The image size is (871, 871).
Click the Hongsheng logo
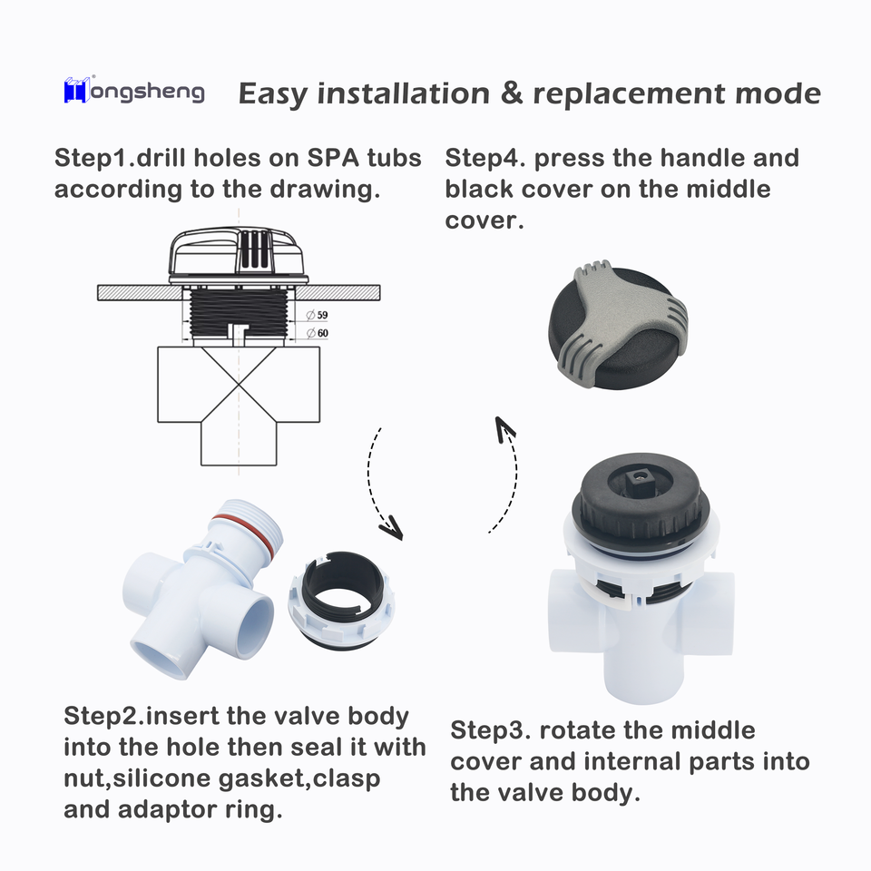pyautogui.click(x=134, y=92)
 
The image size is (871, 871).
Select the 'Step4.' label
pyautogui.click(x=484, y=158)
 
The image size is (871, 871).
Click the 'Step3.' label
pyautogui.click(x=491, y=730)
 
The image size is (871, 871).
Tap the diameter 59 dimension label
pyautogui.click(x=318, y=315)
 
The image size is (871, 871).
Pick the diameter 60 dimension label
pyautogui.click(x=318, y=333)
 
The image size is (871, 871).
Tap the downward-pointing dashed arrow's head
pyautogui.click(x=392, y=525)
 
